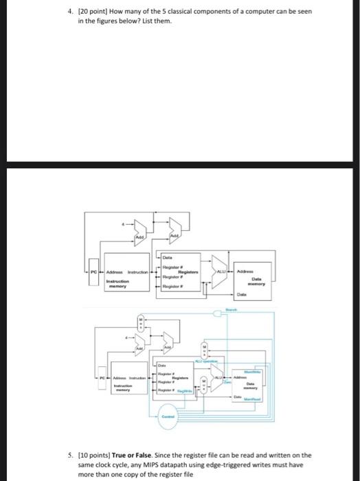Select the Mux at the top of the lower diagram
pos(142,323)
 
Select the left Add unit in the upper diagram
pos(139,236)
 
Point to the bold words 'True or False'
pos(128,455)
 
